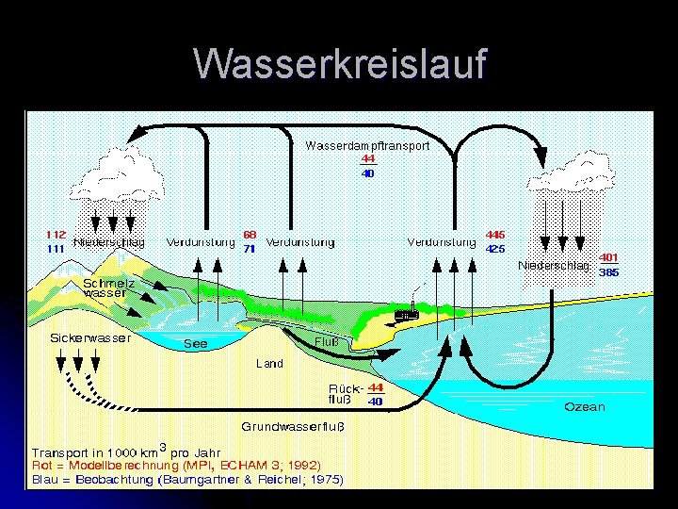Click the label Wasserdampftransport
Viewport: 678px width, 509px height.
(x=367, y=146)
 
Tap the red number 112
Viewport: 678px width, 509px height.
(x=56, y=234)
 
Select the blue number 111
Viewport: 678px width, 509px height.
(x=56, y=248)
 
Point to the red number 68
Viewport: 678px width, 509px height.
(x=250, y=234)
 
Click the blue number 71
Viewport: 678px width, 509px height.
(x=250, y=249)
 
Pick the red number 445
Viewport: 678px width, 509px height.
(x=495, y=234)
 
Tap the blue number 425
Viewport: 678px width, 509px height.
(x=495, y=249)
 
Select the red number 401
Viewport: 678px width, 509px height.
(x=609, y=256)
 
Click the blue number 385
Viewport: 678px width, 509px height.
(x=609, y=271)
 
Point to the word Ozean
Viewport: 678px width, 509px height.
(x=585, y=407)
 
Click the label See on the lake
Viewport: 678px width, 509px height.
(x=195, y=344)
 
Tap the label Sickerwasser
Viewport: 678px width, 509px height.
(x=90, y=337)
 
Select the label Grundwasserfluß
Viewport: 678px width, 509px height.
(x=293, y=425)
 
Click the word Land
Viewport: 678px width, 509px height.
(x=269, y=363)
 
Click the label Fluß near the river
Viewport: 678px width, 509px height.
(x=325, y=341)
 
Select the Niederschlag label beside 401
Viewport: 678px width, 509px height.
(x=554, y=265)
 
